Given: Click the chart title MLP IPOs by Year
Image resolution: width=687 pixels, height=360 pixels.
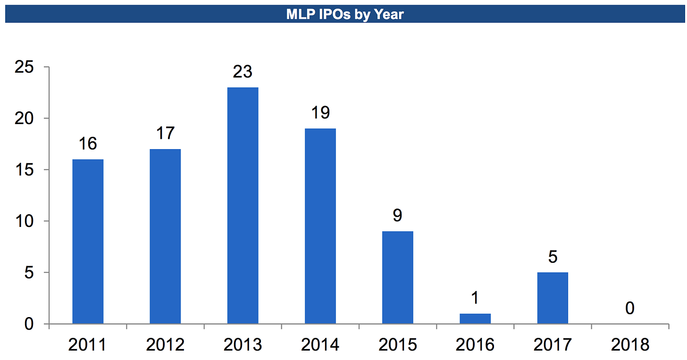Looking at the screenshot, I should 345,14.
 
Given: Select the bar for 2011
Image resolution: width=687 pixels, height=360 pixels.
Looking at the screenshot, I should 88,242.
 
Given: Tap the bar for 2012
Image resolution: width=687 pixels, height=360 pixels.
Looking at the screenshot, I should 165,236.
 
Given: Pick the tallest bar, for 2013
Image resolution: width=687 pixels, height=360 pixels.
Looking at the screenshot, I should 243,206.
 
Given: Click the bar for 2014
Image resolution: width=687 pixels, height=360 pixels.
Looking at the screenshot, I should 320,226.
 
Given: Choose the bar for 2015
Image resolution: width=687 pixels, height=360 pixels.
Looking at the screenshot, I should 398,277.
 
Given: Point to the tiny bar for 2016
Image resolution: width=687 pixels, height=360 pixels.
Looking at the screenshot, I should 475,319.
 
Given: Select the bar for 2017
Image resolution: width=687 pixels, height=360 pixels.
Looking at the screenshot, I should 553,298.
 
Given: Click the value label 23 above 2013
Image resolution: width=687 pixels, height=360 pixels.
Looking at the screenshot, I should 243,72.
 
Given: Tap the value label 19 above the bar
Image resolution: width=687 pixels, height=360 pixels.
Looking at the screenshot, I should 320,113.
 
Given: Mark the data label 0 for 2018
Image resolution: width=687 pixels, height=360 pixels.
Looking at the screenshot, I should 630,309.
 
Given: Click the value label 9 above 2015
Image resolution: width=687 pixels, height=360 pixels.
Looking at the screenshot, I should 398,216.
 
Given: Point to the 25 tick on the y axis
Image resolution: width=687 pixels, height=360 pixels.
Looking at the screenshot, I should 24,67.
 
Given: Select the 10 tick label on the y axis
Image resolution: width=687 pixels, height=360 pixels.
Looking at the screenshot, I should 24,221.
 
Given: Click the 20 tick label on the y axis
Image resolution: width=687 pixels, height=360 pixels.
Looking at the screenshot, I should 24,118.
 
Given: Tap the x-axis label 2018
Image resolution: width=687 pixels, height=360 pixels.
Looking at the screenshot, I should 630,345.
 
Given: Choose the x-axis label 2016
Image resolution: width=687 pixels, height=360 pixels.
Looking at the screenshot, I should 475,345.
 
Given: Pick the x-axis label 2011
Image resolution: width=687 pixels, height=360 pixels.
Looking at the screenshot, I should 88,345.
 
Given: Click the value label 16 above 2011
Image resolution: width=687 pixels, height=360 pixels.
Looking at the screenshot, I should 88,144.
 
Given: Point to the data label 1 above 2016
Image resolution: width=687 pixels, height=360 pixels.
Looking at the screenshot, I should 475,298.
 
